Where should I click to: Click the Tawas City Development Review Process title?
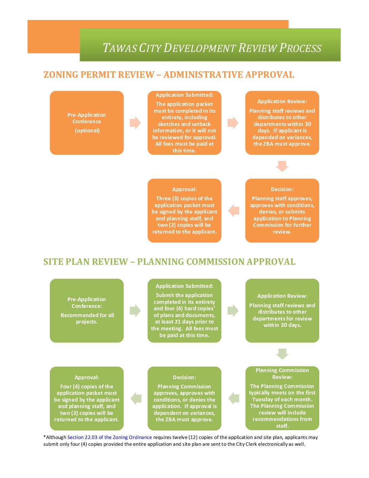212,48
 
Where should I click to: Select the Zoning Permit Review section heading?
169,75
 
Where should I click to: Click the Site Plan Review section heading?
169,262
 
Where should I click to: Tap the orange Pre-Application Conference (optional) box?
87,123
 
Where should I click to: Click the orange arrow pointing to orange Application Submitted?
135,123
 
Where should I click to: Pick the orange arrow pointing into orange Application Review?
233,123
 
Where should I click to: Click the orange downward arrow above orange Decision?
282,166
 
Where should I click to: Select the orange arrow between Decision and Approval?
234,210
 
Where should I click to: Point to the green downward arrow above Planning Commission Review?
282,354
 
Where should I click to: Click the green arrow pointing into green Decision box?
234,398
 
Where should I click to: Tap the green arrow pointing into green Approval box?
136,398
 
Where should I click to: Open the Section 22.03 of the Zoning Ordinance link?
110,437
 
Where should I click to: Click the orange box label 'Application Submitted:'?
184,95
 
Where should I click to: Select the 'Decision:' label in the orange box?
282,189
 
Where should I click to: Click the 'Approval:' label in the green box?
87,378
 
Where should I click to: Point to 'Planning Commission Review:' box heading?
282,373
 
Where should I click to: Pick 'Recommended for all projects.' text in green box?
87,318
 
